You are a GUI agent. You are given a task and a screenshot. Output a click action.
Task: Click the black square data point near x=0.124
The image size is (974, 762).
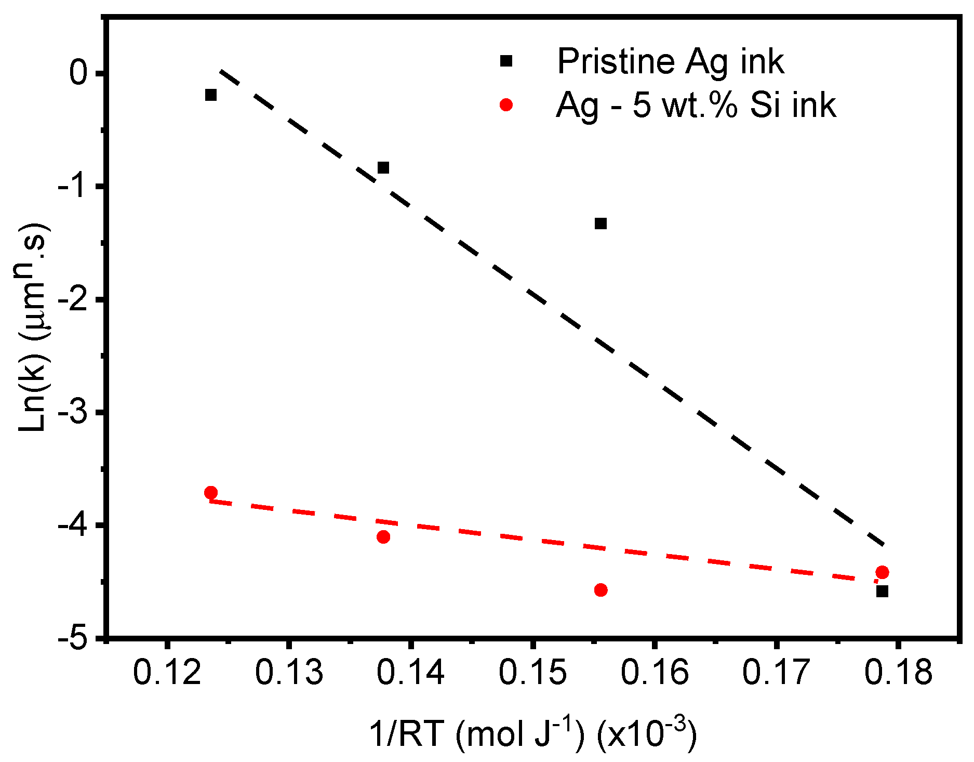point(211,95)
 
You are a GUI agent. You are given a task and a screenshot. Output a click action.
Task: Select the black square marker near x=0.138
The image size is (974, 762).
point(383,167)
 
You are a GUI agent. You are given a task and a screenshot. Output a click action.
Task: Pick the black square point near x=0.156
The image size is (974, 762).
point(601,224)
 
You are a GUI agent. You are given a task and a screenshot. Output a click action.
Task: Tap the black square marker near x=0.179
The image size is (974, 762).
point(882,591)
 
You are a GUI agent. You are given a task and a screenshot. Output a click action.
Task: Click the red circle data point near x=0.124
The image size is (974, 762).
point(211,492)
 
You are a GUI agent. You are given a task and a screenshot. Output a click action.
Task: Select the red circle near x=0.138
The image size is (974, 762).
point(383,537)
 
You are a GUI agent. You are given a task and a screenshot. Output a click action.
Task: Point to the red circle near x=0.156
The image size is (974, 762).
point(601,590)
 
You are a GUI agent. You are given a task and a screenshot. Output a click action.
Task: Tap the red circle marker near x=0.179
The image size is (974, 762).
point(882,572)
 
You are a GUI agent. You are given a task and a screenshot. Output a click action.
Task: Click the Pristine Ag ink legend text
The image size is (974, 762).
point(670,61)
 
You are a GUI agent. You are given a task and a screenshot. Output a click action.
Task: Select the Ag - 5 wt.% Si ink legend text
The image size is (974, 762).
point(696,106)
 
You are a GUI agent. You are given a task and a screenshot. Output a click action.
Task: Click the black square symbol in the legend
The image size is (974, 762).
point(506,61)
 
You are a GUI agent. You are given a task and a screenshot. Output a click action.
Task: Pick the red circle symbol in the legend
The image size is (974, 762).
point(506,105)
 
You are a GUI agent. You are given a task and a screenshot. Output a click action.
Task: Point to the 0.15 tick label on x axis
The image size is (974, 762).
point(532,672)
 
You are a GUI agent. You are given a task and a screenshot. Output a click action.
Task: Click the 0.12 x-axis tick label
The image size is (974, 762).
point(167,672)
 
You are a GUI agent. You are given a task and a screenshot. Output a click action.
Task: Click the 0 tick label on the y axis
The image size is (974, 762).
point(79,73)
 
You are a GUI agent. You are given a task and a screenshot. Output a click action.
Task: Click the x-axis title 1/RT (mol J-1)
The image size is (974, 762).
point(532,733)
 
